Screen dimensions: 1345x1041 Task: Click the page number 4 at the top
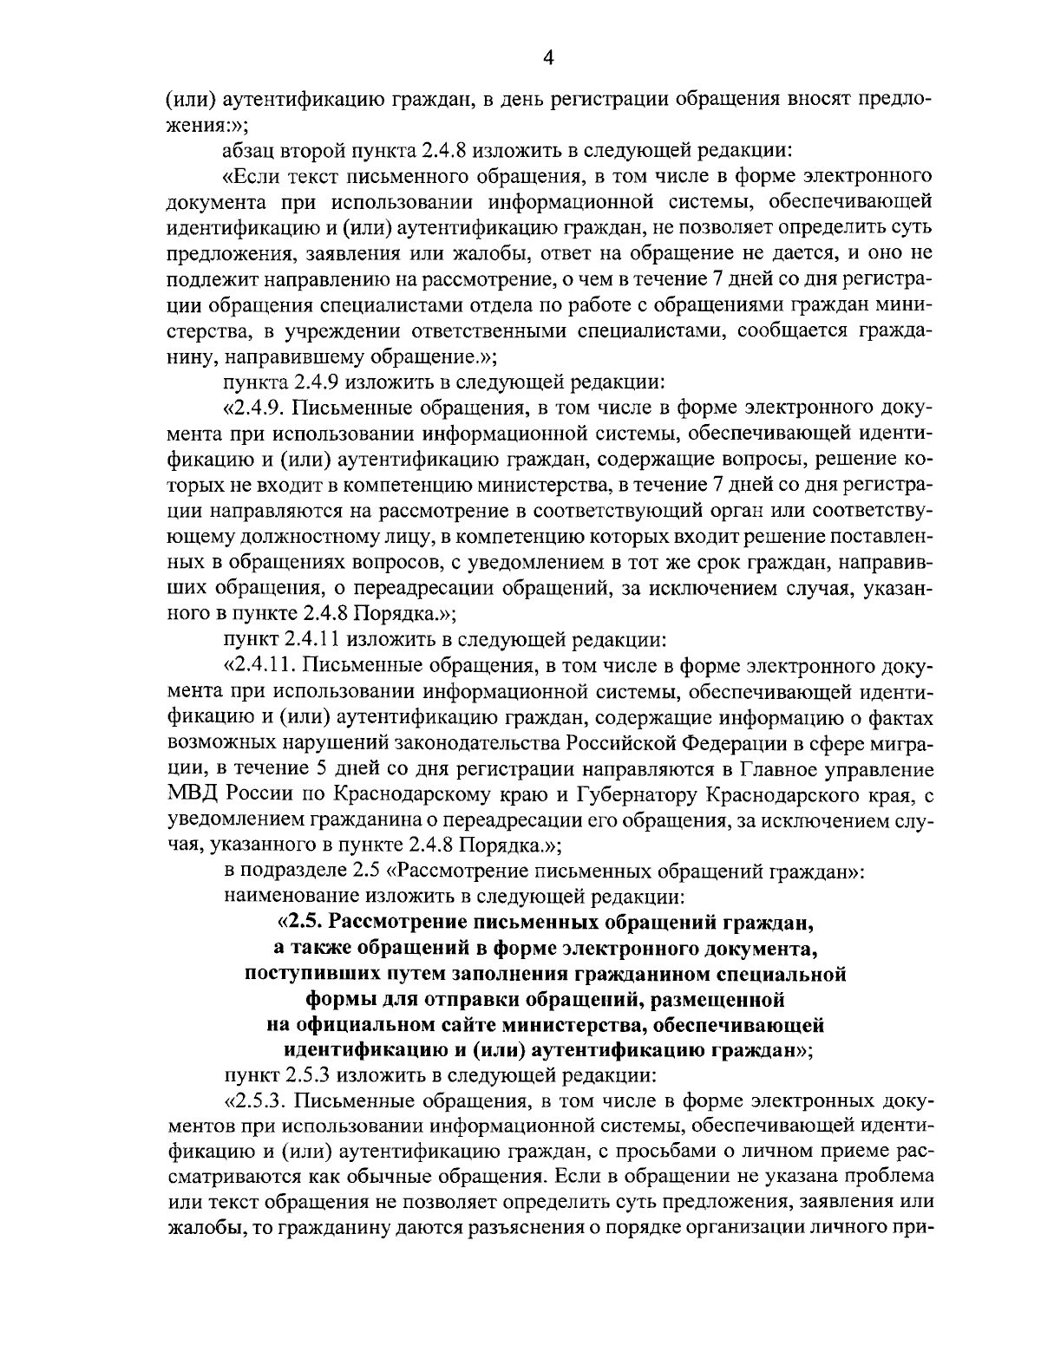[547, 57]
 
